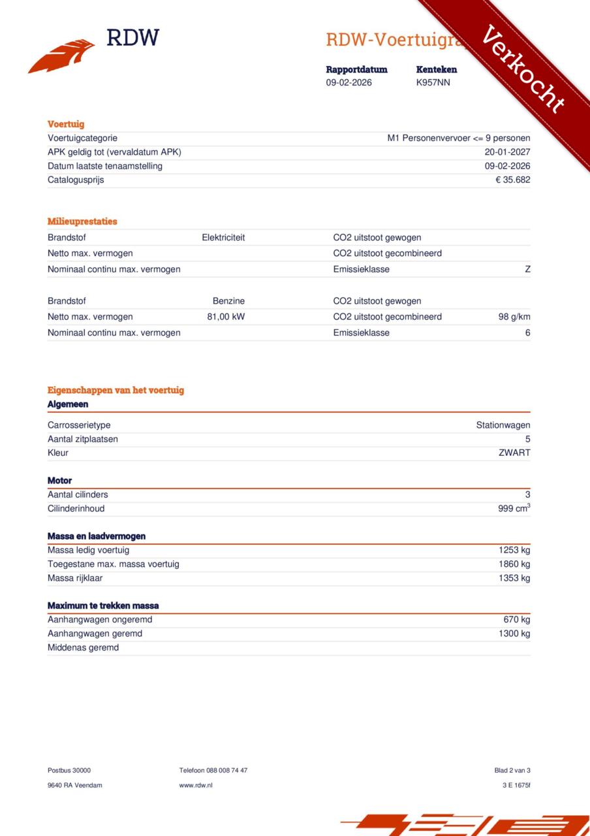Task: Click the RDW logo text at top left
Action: [x=132, y=38]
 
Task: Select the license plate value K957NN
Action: [x=433, y=83]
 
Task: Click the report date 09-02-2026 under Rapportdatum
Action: [x=349, y=83]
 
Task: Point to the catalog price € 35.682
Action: [x=512, y=180]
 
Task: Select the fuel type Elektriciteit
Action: [x=223, y=238]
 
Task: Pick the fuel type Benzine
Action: [x=228, y=301]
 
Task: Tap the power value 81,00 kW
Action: [x=226, y=317]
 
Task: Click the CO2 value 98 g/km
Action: [x=514, y=317]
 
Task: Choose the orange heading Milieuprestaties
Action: [x=82, y=221]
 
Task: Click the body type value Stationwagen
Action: [x=503, y=425]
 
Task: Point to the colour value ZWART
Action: [x=514, y=453]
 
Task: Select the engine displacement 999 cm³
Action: [x=514, y=508]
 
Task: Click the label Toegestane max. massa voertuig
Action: [x=114, y=564]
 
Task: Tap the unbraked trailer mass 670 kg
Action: [x=516, y=619]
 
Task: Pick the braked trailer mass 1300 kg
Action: [x=514, y=634]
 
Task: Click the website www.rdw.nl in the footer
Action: [x=196, y=785]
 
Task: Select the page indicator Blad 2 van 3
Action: [x=512, y=770]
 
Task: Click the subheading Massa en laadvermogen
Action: [x=97, y=536]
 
